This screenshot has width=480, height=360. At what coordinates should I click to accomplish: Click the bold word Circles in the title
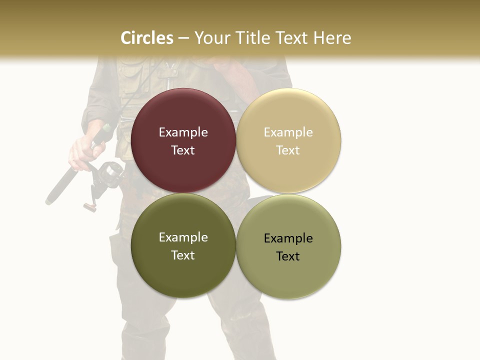click(x=147, y=38)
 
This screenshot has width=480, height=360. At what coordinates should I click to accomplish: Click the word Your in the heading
click(x=211, y=38)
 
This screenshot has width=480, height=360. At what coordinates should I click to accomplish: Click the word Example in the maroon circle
click(x=183, y=132)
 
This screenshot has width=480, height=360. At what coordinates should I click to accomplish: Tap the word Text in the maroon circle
click(x=183, y=150)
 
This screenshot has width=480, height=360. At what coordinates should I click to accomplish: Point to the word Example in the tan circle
click(x=288, y=132)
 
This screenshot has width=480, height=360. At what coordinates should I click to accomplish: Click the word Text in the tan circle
click(x=288, y=150)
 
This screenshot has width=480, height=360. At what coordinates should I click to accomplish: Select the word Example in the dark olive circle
click(x=183, y=237)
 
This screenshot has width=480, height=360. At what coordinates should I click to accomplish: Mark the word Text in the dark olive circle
click(x=183, y=255)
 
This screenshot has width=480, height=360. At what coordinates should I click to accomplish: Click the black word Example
click(x=288, y=238)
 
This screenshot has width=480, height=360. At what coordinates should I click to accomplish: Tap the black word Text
click(x=288, y=256)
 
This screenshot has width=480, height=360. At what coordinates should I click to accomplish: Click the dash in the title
click(x=183, y=38)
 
